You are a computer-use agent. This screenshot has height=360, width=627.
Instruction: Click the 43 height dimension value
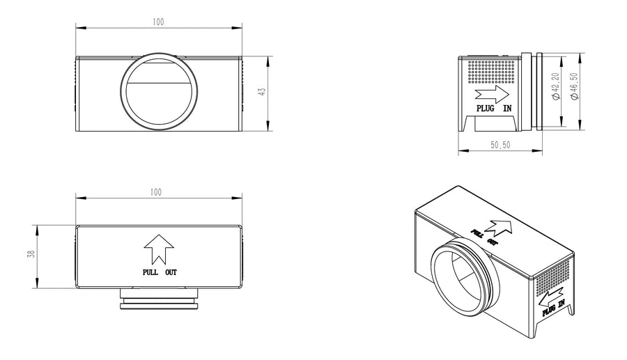262,92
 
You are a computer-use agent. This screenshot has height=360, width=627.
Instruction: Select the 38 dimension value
31,255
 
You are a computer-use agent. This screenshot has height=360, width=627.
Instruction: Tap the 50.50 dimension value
500,145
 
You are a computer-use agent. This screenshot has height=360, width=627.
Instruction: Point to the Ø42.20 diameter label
556,86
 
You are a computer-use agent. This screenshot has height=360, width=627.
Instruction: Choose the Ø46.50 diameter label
574,86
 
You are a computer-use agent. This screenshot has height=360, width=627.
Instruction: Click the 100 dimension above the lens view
158,22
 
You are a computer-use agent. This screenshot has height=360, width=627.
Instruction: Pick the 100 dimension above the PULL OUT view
156,192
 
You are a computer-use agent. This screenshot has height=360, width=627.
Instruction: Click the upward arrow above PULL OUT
159,249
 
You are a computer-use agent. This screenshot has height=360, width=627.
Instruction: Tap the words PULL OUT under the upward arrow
160,272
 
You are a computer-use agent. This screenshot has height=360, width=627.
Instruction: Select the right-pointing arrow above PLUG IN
492,94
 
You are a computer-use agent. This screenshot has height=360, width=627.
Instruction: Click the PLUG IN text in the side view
494,109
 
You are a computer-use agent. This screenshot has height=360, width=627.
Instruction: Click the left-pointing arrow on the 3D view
551,297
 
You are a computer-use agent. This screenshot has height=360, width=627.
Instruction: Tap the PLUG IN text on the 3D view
554,308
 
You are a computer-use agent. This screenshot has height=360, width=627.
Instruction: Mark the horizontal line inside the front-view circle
158,83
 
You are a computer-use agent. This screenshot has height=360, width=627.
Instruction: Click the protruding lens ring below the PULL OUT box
159,299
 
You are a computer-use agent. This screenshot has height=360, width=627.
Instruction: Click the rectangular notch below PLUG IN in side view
493,123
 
